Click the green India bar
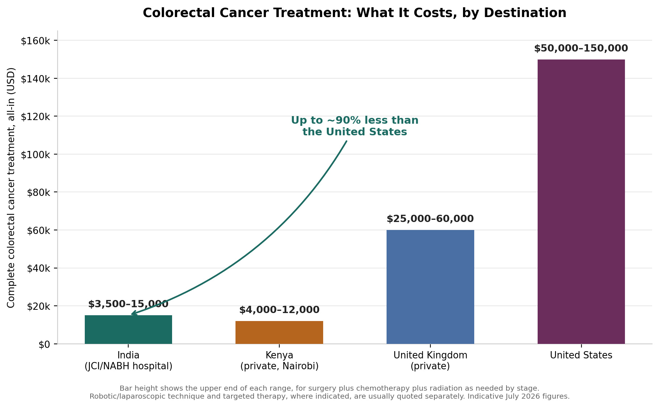point(128,329)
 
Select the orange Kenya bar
point(279,332)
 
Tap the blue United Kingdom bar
point(430,287)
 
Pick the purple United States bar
point(581,201)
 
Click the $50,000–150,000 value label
point(581,48)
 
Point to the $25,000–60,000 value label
point(430,219)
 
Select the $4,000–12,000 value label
point(279,310)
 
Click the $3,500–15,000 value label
point(128,304)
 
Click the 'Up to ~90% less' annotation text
point(355,126)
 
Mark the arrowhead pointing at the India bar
point(133,313)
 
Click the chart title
point(354,13)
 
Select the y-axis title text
point(11,187)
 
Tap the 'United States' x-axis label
point(581,355)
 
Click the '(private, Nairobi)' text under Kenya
point(279,366)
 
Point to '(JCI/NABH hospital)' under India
point(128,366)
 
